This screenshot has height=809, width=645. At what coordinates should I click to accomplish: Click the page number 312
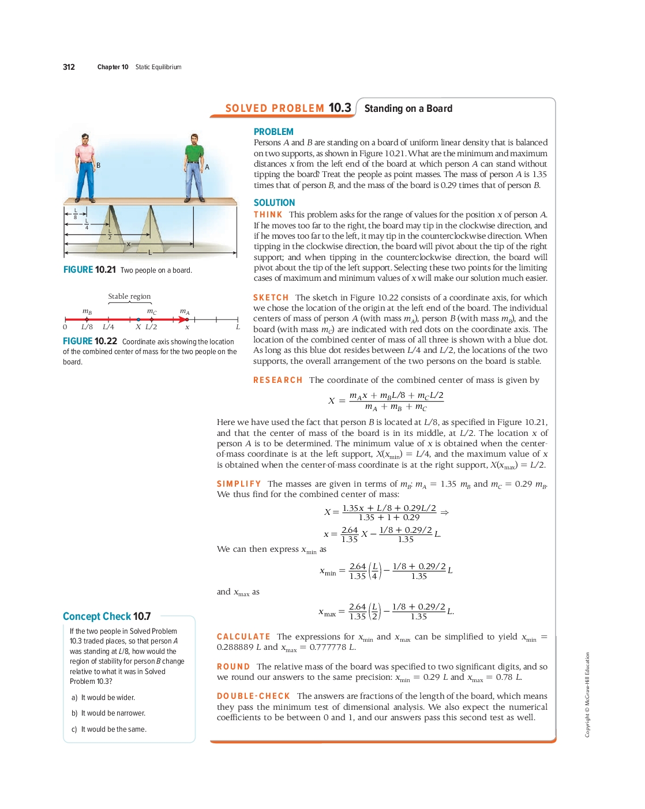[x=69, y=67]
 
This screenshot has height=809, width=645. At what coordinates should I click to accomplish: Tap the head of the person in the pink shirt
[x=85, y=138]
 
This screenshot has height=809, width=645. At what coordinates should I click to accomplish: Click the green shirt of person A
[x=194, y=155]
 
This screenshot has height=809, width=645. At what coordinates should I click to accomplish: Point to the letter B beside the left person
[x=98, y=165]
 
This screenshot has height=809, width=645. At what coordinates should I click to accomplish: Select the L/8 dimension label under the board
[x=75, y=214]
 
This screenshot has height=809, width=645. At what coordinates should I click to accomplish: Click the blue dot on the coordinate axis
[x=138, y=319]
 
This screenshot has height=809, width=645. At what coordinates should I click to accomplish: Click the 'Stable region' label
[x=129, y=296]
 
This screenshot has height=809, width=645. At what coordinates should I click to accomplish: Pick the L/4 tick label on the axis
[x=108, y=327]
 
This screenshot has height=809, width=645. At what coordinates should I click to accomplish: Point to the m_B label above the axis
[x=87, y=312]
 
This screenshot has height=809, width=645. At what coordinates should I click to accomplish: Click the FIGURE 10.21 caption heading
[x=89, y=270]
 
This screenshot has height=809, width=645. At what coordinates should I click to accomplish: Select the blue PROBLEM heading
[x=273, y=132]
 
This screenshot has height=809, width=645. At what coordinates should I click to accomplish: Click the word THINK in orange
[x=268, y=215]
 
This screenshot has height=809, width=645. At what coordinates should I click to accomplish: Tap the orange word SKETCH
[x=271, y=298]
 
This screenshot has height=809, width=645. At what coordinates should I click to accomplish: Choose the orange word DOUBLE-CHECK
[x=253, y=696]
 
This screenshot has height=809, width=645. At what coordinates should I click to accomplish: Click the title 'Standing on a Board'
[x=408, y=108]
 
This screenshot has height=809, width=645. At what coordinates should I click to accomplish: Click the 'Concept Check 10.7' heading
[x=107, y=616]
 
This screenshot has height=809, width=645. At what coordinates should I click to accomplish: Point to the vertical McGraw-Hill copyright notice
[x=587, y=694]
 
